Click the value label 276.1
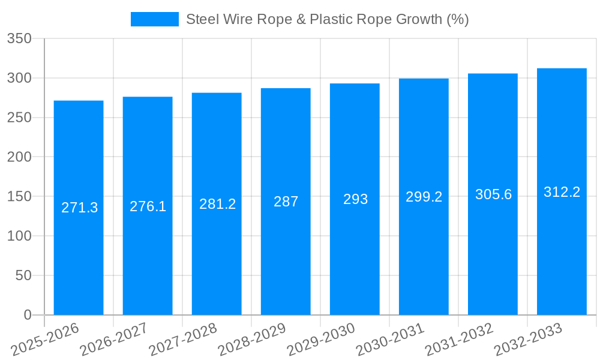(148, 206)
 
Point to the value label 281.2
(217, 203)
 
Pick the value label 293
(355, 199)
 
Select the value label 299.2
(424, 197)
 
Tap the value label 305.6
(493, 194)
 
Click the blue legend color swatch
(155, 19)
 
